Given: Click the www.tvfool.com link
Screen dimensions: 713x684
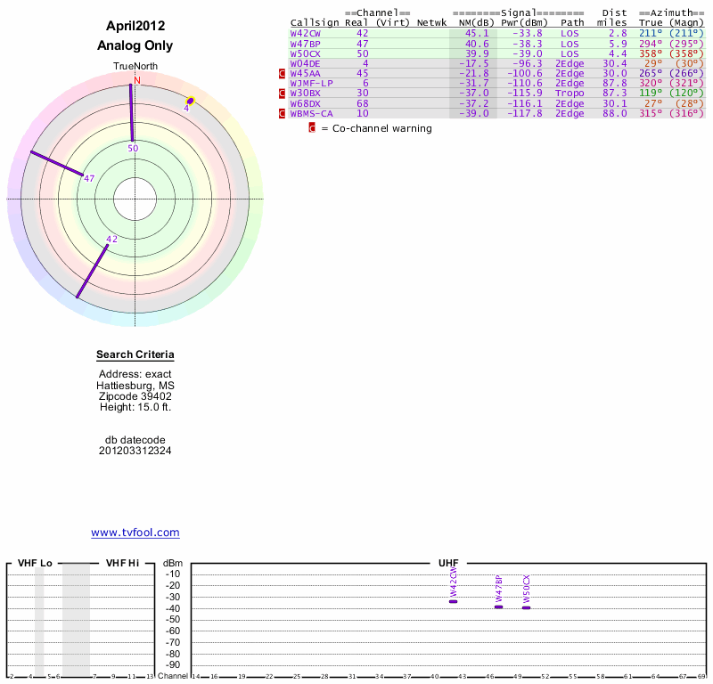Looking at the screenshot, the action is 135,533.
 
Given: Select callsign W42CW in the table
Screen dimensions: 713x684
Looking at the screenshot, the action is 305,33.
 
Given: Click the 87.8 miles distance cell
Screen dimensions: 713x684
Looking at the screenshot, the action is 615,83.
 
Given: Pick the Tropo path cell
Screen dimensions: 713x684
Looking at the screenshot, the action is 570,94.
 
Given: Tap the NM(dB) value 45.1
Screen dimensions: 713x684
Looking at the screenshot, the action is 477,33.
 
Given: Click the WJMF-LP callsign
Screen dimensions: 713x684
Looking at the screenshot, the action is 311,83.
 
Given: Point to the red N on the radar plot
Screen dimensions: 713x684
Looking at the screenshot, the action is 137,80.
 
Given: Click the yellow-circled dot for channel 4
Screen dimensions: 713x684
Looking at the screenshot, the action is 190,101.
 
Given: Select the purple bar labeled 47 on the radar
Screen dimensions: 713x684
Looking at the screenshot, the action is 57,163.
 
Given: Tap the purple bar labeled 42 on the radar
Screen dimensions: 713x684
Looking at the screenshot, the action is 93,272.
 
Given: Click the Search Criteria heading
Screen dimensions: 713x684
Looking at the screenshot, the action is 135,354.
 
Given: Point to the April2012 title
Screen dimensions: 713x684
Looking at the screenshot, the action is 135,26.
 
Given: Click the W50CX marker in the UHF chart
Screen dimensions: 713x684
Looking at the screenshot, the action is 526,607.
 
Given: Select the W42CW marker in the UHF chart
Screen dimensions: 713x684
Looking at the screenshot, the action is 453,602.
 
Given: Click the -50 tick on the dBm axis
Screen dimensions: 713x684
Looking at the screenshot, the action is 173,620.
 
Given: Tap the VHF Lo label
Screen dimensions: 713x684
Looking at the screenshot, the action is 35,563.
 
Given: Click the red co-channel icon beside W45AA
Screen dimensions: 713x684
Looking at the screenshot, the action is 282,73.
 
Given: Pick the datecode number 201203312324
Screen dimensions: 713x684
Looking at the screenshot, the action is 135,451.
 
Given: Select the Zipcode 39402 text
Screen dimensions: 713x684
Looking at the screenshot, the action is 135,396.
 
